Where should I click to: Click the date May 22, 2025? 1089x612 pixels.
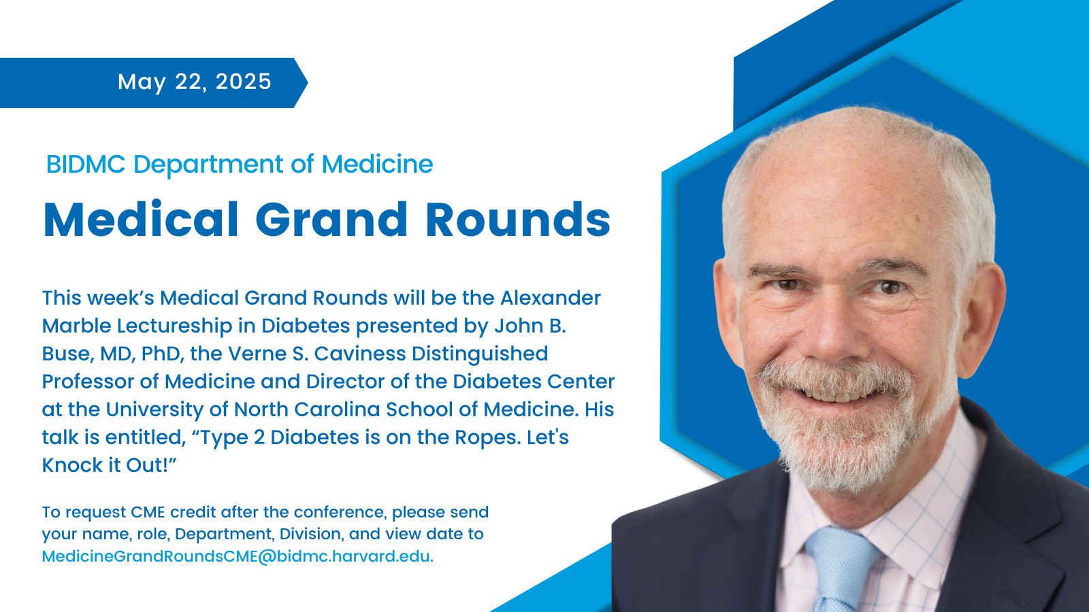(x=195, y=82)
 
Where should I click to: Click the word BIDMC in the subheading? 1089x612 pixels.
(x=86, y=164)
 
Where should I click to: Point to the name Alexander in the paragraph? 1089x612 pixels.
(x=551, y=298)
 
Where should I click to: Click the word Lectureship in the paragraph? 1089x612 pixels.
(x=174, y=326)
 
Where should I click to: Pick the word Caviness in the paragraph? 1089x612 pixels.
(x=360, y=354)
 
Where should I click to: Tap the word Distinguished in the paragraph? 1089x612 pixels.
(x=480, y=354)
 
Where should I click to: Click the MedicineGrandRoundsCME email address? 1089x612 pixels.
(x=238, y=556)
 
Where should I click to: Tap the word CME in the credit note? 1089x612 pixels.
(x=148, y=512)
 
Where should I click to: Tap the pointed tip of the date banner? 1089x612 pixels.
(x=307, y=82)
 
